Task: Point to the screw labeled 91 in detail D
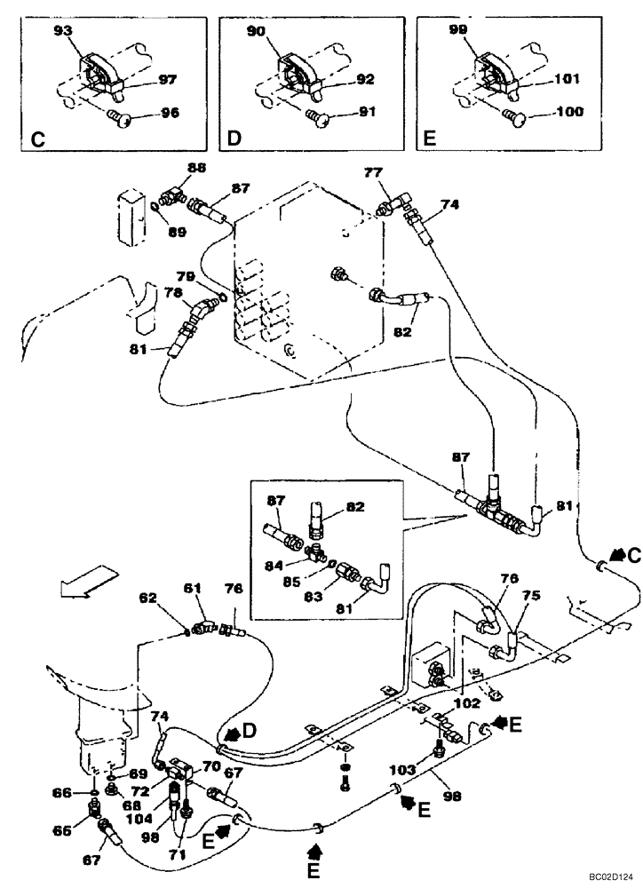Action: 315,115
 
